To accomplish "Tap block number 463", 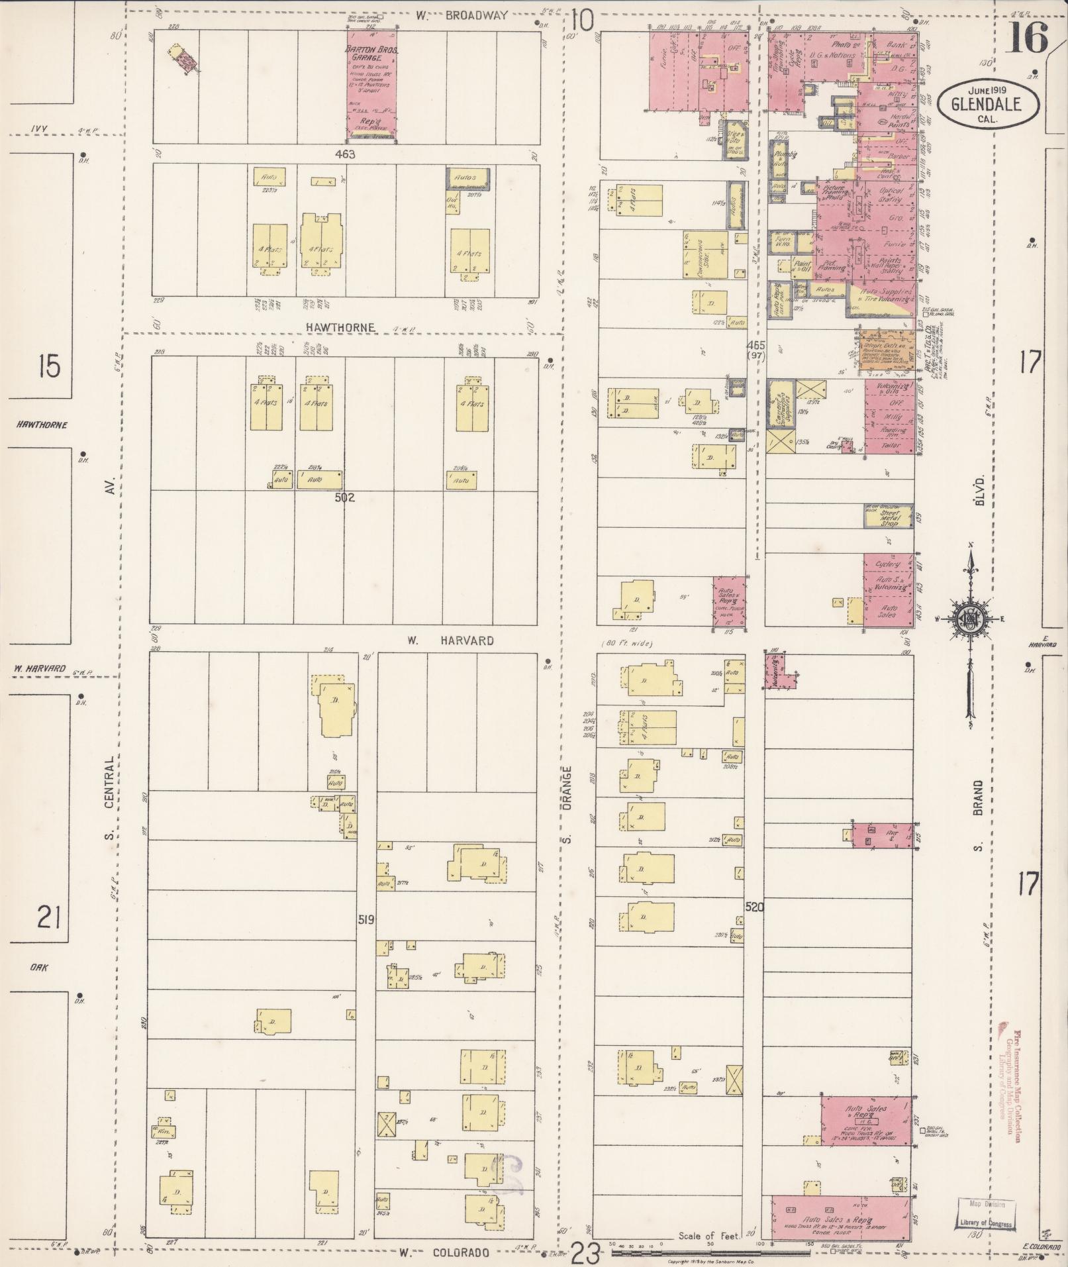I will [x=345, y=154].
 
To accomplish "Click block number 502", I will [x=345, y=497].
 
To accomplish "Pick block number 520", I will [x=754, y=907].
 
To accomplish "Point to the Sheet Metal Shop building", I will [x=888, y=517].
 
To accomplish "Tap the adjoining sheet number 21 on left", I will [x=49, y=919].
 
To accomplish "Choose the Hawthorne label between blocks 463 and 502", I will [x=340, y=327].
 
